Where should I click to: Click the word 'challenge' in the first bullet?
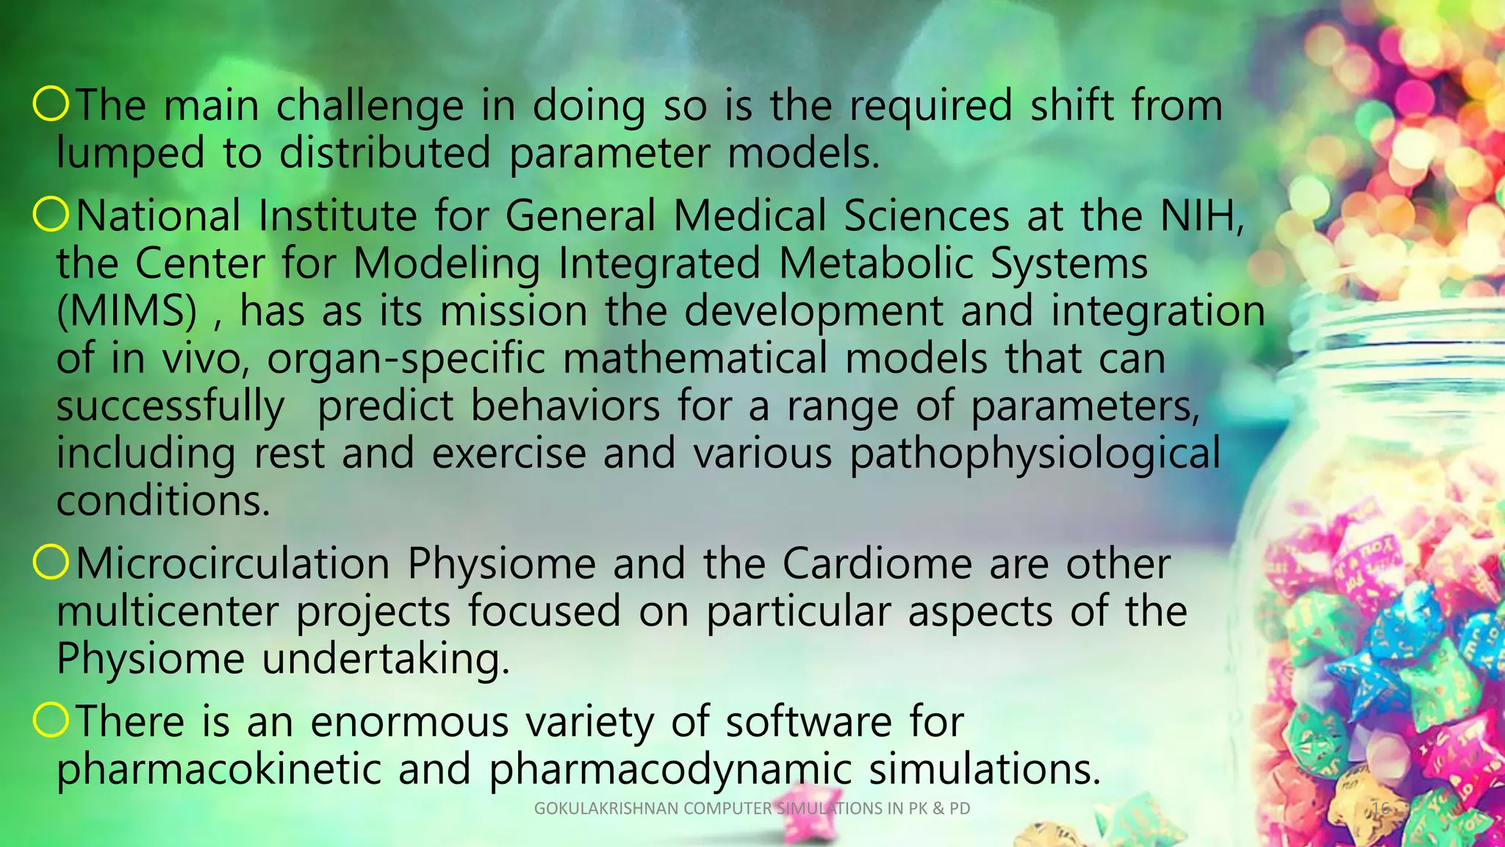(x=370, y=107)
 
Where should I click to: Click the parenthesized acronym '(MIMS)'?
(x=127, y=312)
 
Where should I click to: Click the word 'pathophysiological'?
(x=1035, y=454)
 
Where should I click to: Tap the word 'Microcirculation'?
(x=233, y=564)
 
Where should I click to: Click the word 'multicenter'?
(x=168, y=612)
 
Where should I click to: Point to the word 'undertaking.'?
(x=386, y=659)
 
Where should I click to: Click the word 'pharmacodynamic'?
(x=670, y=769)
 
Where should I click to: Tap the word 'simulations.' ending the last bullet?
(x=985, y=769)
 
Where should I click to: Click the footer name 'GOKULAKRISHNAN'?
(x=606, y=809)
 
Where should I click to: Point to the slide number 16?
(x=1381, y=809)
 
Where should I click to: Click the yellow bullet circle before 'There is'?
(x=51, y=721)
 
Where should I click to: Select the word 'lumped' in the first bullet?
(x=131, y=154)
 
